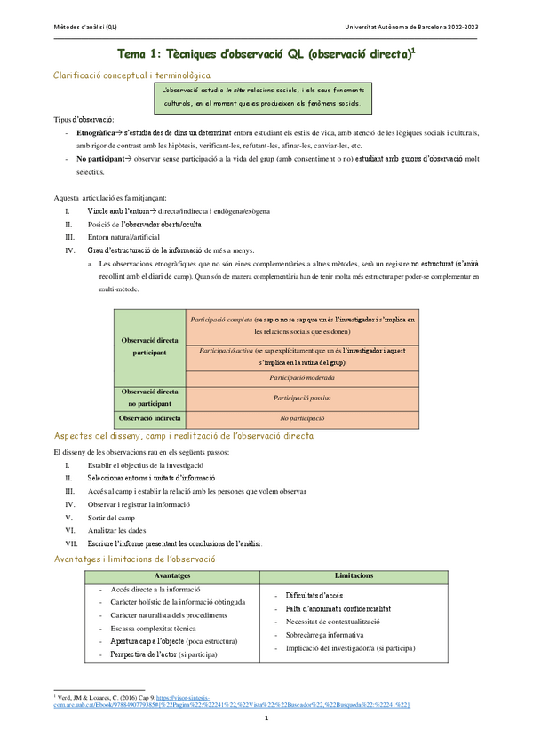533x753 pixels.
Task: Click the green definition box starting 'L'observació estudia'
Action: coord(261,97)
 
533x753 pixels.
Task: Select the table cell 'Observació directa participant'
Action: coord(149,346)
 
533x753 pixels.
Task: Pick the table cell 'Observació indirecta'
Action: coord(149,417)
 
